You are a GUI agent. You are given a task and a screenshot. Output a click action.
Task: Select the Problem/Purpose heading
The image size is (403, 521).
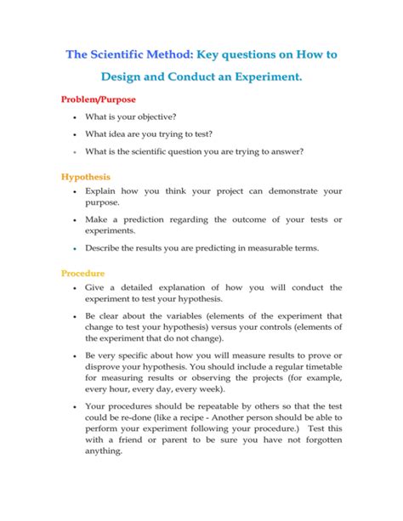point(99,99)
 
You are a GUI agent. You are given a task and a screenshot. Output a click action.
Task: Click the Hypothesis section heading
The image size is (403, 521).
point(85,177)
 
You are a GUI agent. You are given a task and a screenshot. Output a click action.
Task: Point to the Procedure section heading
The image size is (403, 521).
point(83,274)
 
